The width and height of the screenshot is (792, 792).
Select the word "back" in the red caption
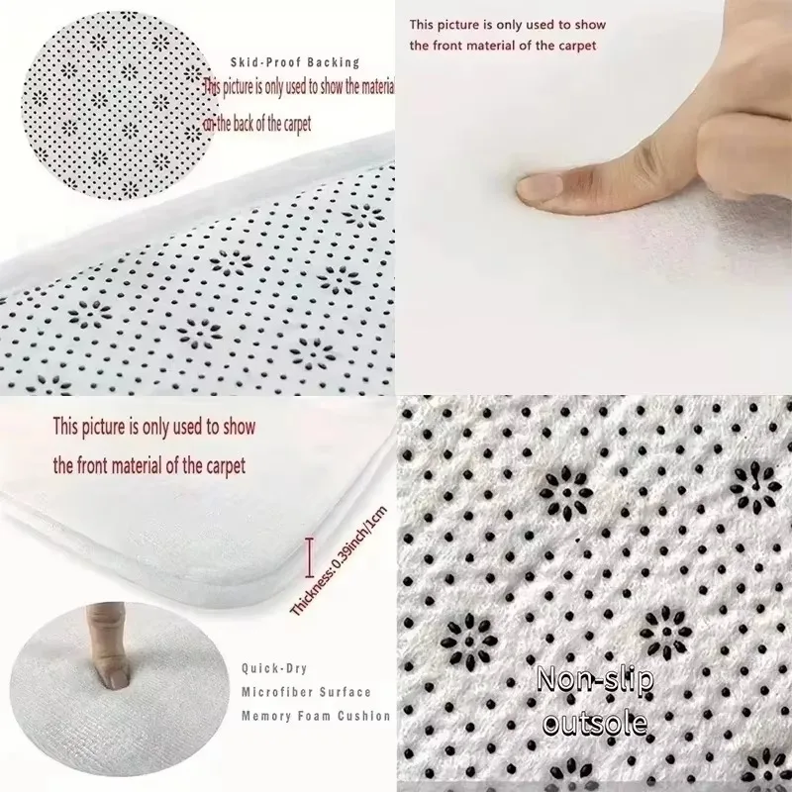tap(244, 124)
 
